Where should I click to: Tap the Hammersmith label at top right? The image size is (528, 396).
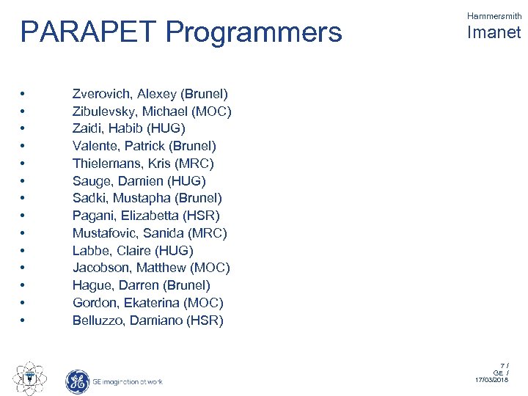pos(494,14)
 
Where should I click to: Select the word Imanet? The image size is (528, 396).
pos(493,32)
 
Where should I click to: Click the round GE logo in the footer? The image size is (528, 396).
pos(77,381)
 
